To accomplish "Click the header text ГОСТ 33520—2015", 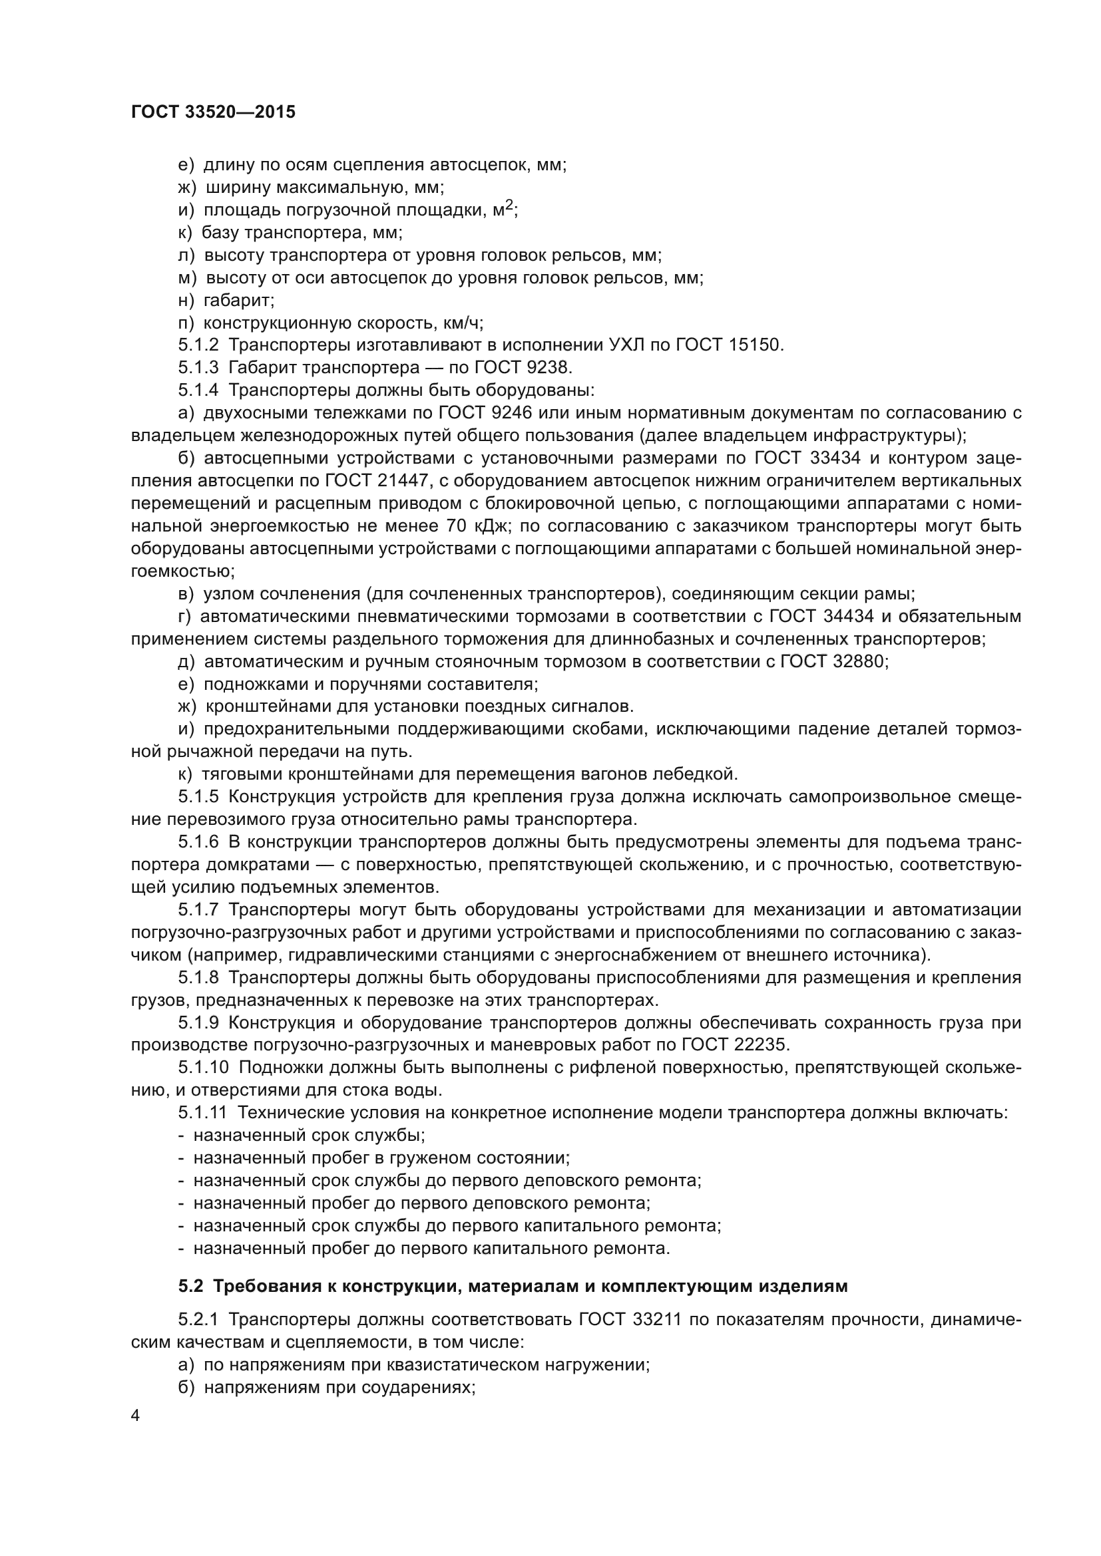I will [213, 112].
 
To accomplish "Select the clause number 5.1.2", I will [198, 345].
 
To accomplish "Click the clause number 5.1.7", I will [198, 909].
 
